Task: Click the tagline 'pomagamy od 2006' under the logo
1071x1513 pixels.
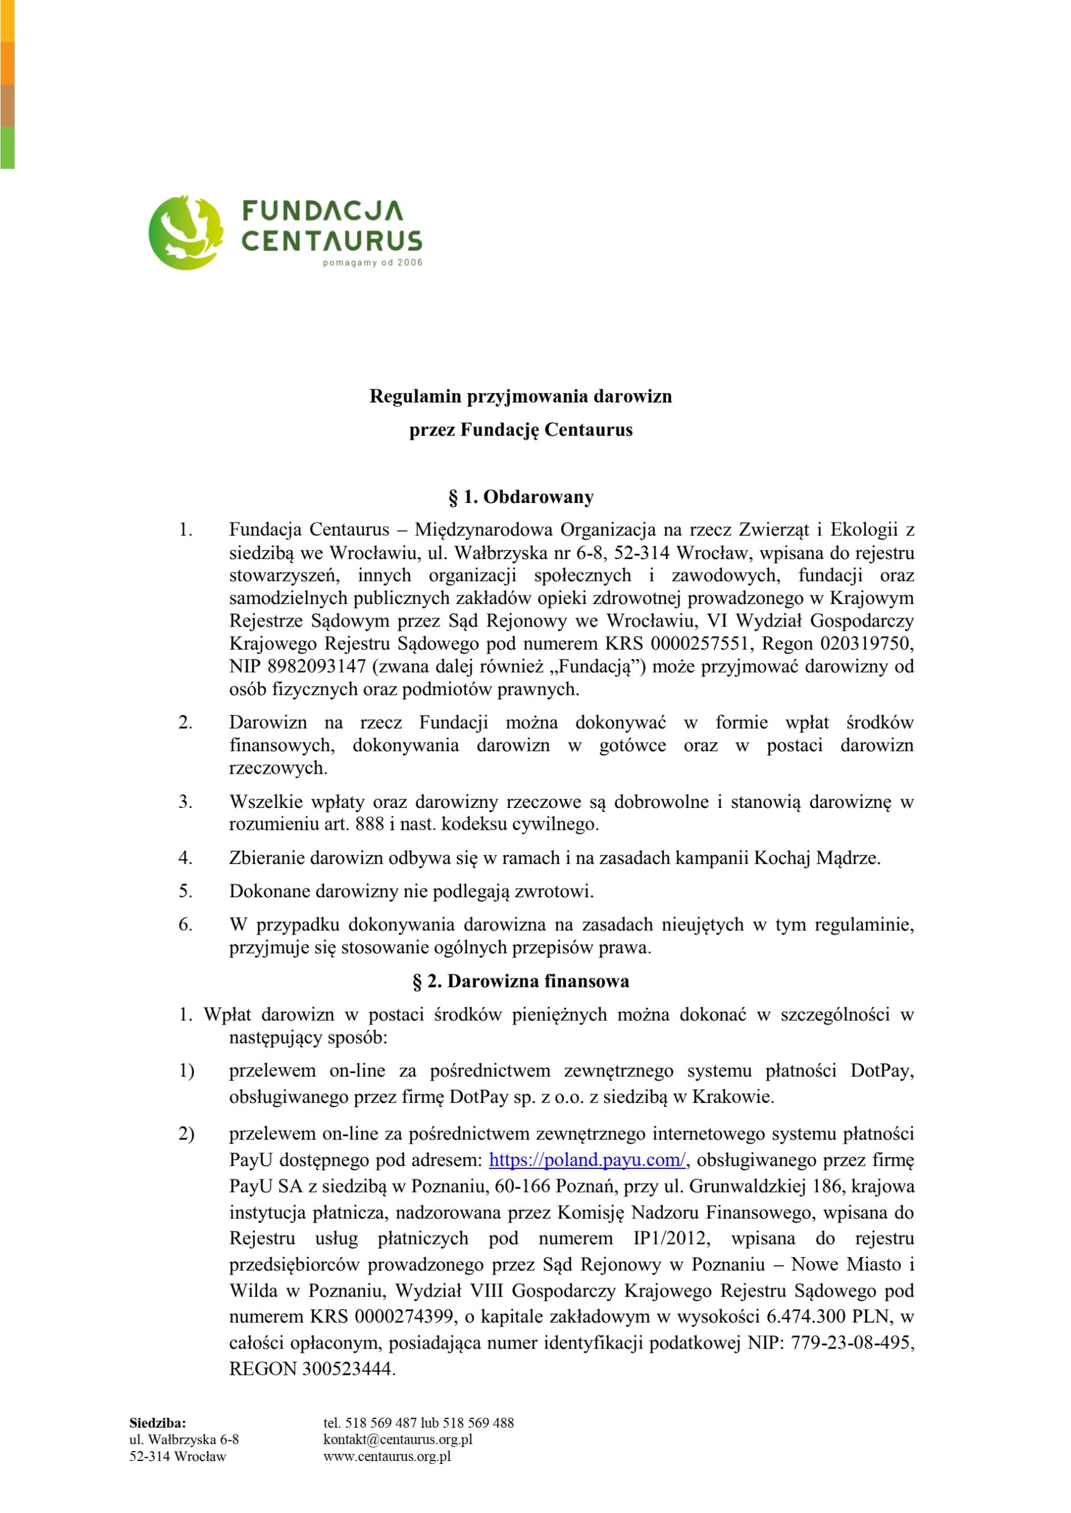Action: pyautogui.click(x=372, y=263)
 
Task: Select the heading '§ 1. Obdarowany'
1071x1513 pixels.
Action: pyautogui.click(x=521, y=496)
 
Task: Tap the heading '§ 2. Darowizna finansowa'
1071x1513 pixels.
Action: pyautogui.click(x=521, y=981)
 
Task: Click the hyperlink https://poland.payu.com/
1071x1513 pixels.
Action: pyautogui.click(x=587, y=1160)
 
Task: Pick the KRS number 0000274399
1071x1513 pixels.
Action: pyautogui.click(x=405, y=1317)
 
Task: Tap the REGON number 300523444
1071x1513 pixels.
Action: pyautogui.click(x=347, y=1369)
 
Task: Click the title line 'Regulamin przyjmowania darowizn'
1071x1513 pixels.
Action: pyautogui.click(x=521, y=396)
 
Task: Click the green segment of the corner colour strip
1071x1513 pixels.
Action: pyautogui.click(x=7, y=147)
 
